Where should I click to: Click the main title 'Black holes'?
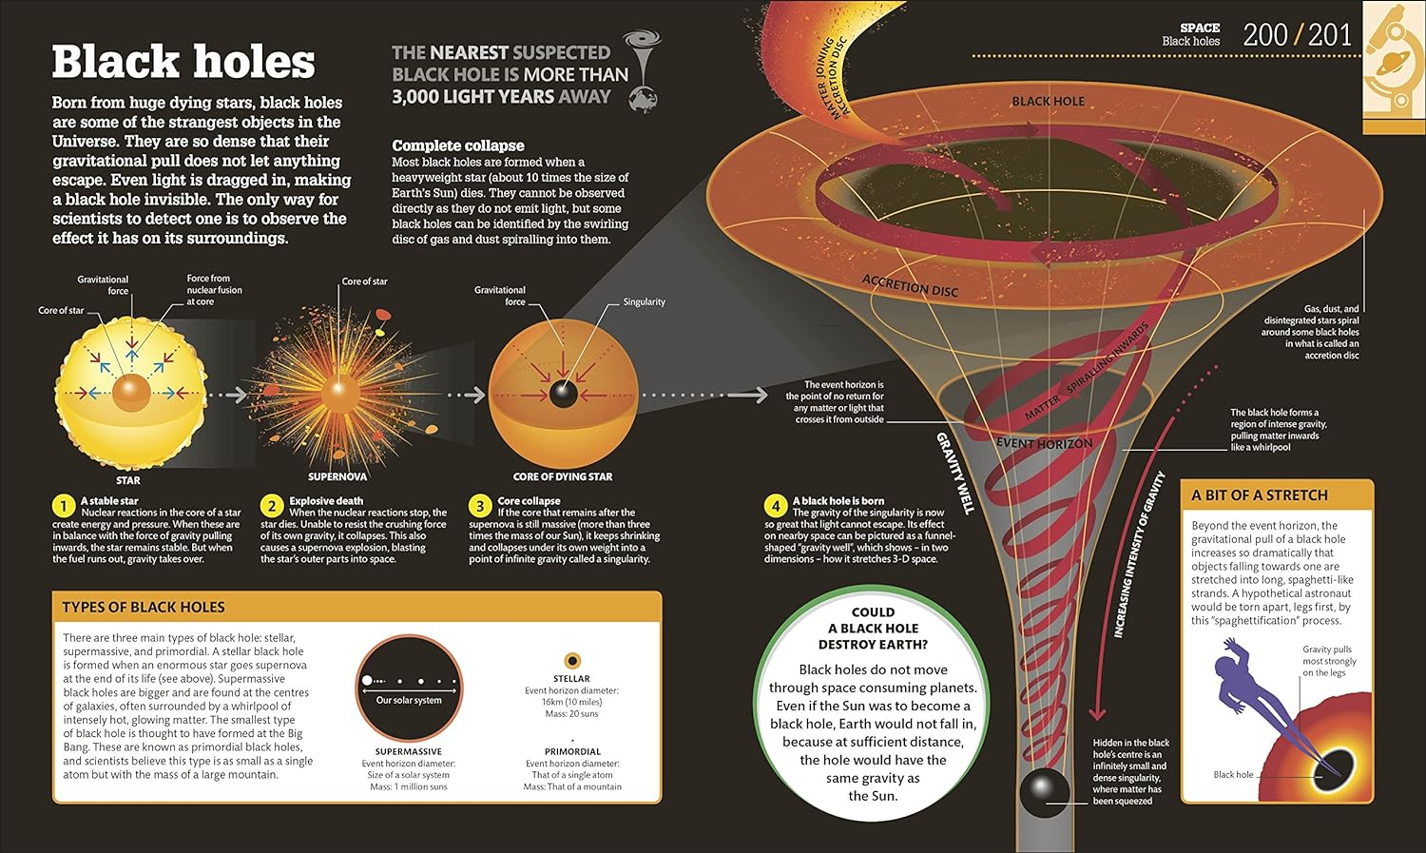tap(183, 62)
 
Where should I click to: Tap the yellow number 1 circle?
tap(64, 505)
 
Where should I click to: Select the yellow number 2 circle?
tap(272, 505)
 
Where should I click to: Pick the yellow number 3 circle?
tap(480, 505)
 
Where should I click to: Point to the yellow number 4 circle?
tap(776, 505)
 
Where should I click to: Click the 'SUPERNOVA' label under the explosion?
tap(337, 476)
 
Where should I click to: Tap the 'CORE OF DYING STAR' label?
tap(563, 476)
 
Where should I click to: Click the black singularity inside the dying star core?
tap(563, 393)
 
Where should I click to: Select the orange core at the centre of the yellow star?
tap(130, 392)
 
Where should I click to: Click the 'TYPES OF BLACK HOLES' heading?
tap(144, 607)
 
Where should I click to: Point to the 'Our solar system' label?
tap(409, 700)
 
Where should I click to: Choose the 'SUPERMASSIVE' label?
tap(409, 751)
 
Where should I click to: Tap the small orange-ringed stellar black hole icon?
tap(572, 660)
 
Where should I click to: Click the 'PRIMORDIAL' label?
tap(572, 751)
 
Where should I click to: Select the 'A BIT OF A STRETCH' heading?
tap(1259, 495)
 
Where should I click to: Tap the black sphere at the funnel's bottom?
tap(1044, 790)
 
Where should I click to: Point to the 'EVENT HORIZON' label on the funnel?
tap(1044, 443)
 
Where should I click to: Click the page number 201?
tap(1330, 35)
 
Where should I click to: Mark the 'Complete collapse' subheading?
tap(458, 145)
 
